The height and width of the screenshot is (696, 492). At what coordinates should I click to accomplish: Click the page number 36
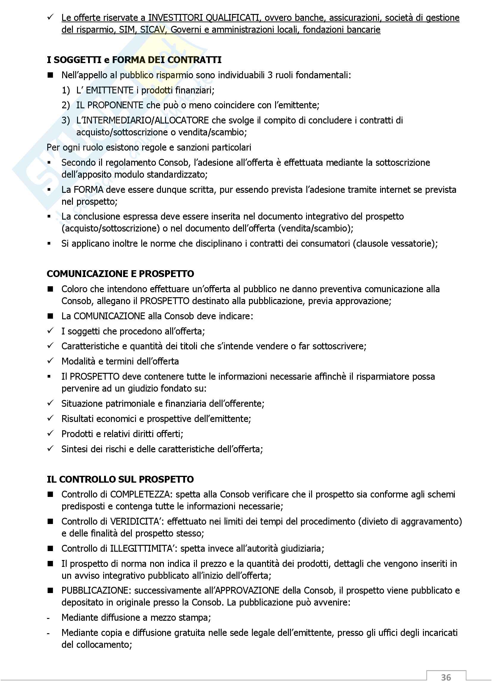446,677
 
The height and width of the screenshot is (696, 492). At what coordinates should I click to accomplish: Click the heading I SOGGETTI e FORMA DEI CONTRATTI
134,60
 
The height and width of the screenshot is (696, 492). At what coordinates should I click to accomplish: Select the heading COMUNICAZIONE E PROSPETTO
120,274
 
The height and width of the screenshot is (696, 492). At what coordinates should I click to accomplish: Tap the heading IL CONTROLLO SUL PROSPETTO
120,479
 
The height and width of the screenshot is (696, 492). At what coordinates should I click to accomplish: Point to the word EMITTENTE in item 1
110,90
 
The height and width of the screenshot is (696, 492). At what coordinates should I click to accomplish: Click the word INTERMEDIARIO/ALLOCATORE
142,120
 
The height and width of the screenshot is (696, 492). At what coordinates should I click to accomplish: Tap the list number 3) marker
66,120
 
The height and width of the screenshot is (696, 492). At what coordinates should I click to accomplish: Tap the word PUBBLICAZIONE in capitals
96,590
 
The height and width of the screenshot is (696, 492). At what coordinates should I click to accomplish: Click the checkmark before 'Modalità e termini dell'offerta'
50,361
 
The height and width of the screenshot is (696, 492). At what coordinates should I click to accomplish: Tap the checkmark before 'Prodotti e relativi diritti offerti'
50,434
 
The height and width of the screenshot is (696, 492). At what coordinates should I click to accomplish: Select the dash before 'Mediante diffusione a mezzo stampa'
48,618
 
